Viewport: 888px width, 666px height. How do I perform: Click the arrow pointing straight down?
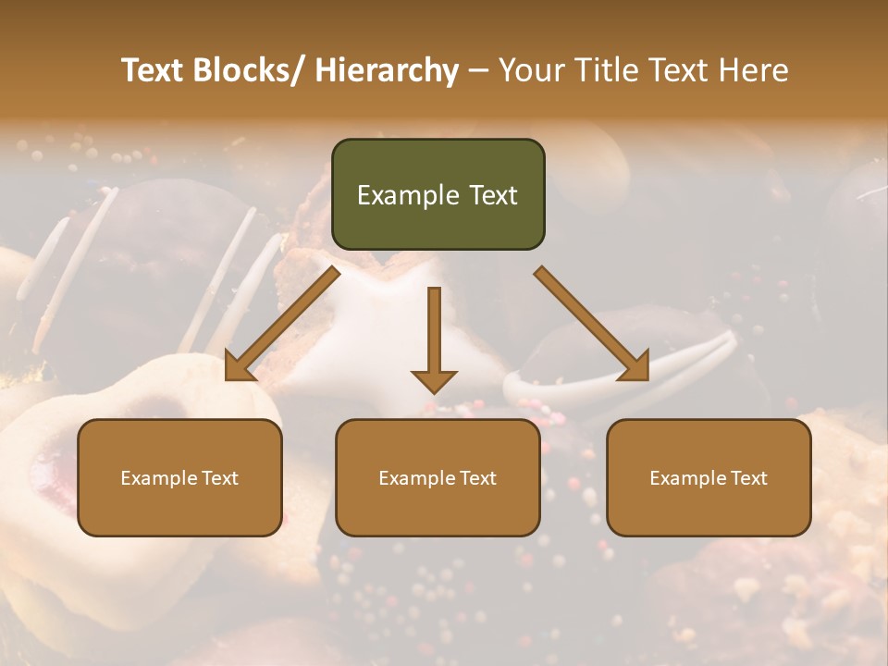click(434, 333)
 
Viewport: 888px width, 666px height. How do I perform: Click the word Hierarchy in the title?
click(387, 70)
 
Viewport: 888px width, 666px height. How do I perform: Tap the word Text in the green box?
click(493, 195)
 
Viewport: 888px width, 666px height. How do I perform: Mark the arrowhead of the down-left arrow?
click(238, 367)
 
